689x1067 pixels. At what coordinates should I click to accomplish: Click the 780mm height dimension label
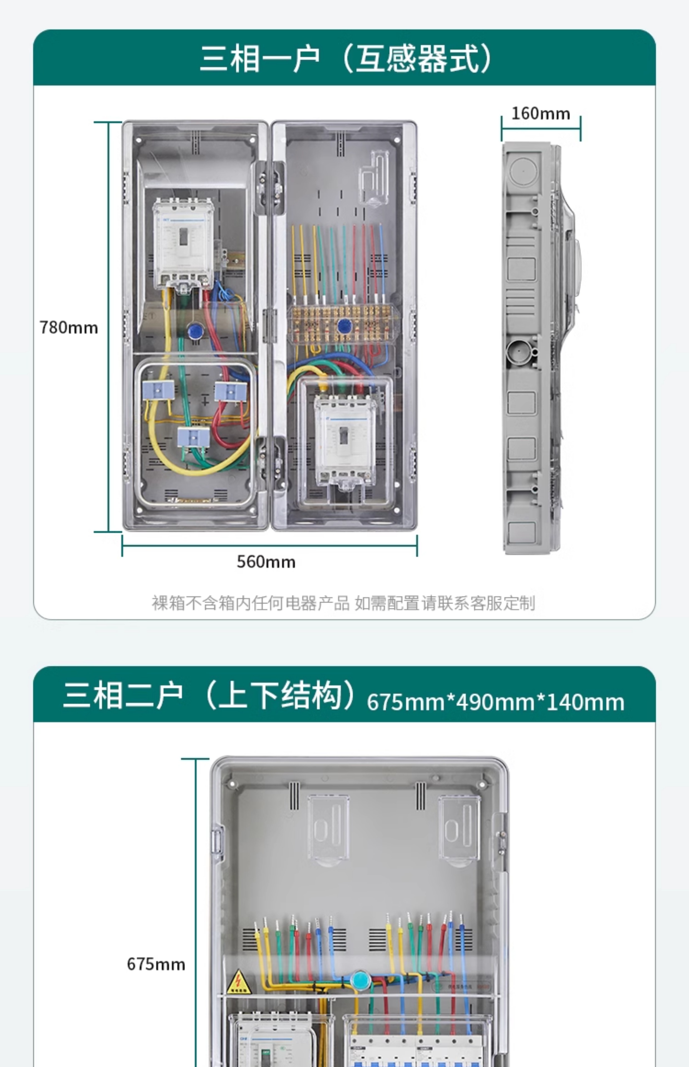pyautogui.click(x=68, y=328)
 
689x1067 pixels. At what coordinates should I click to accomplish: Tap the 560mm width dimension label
pyautogui.click(x=266, y=562)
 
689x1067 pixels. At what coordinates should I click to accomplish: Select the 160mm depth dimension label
pyautogui.click(x=540, y=114)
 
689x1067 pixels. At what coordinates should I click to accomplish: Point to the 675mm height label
pyautogui.click(x=156, y=964)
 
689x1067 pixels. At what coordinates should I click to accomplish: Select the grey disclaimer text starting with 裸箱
pyautogui.click(x=343, y=603)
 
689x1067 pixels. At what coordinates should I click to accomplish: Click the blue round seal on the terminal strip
pyautogui.click(x=344, y=326)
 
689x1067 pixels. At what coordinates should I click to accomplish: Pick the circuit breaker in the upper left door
pyautogui.click(x=183, y=244)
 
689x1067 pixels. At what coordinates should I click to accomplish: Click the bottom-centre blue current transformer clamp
pyautogui.click(x=193, y=437)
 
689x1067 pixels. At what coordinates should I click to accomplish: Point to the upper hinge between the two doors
pyautogui.click(x=270, y=187)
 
